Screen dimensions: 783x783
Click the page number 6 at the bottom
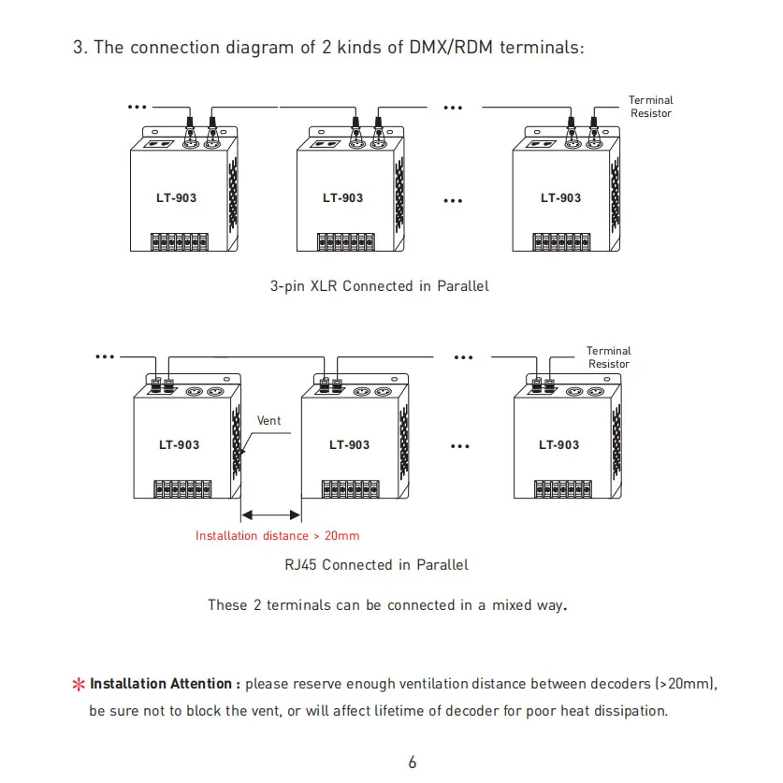click(412, 762)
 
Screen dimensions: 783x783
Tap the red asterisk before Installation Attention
click(79, 684)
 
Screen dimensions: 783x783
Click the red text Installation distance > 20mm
click(277, 536)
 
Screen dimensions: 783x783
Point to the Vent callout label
click(268, 420)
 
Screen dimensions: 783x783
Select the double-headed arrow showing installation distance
click(270, 515)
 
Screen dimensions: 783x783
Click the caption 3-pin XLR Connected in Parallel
click(380, 286)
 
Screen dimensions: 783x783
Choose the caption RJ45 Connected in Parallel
click(376, 565)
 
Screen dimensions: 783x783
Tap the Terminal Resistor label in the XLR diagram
click(651, 107)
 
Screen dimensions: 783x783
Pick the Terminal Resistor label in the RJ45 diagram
click(609, 357)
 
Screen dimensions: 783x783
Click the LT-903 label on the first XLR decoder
click(176, 197)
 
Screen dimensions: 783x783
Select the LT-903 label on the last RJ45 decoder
click(558, 445)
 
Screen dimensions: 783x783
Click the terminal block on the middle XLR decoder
click(346, 241)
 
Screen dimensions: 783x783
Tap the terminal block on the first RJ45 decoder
click(182, 489)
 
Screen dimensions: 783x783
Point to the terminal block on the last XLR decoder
click(561, 241)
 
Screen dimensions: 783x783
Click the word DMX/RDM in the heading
click(451, 48)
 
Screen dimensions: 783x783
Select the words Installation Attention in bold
click(161, 684)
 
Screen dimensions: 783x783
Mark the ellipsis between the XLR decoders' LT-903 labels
click(453, 201)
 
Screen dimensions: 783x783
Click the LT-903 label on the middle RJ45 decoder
click(350, 445)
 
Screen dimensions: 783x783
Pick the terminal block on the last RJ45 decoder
click(563, 489)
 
